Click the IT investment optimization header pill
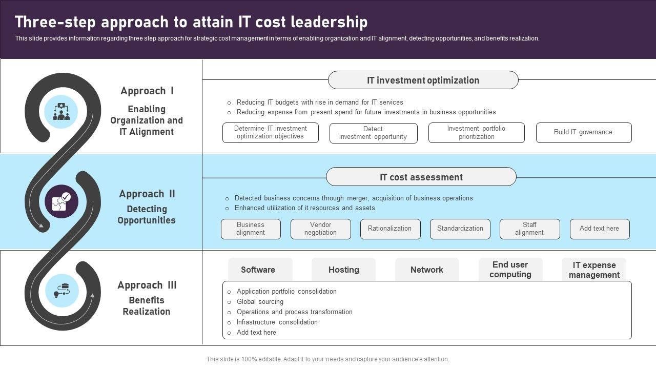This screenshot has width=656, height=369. [423, 80]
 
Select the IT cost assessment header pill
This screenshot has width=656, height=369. [421, 177]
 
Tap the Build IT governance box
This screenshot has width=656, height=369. [583, 132]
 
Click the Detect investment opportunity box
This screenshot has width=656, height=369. [373, 133]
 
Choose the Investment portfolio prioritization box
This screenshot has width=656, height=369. [476, 133]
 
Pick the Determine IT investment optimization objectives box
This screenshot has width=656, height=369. [270, 133]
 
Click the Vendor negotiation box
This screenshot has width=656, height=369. [320, 229]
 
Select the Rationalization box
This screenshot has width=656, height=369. [390, 229]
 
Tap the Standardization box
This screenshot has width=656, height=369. [460, 229]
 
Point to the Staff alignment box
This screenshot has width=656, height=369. [529, 229]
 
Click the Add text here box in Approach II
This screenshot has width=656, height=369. [599, 229]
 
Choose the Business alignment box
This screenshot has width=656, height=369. [251, 229]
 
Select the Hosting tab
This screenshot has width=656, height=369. [343, 270]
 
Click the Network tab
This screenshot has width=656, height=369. [427, 270]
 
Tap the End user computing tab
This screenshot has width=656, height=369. [510, 270]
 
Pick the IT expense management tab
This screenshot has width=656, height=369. [594, 270]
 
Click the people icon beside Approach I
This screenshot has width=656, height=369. [61, 112]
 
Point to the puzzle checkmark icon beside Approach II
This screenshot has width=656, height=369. [61, 201]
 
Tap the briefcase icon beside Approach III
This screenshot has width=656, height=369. [62, 290]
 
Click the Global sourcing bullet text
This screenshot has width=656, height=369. [260, 302]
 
